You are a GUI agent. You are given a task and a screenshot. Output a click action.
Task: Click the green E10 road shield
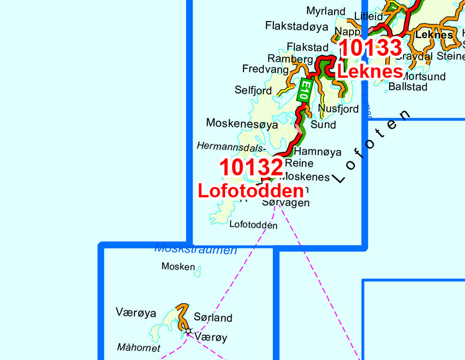click(305, 90)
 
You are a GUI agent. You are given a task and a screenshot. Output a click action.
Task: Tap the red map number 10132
click(252, 168)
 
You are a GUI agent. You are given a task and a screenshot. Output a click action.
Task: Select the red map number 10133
click(370, 48)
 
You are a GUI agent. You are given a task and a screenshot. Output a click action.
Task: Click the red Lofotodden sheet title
click(251, 191)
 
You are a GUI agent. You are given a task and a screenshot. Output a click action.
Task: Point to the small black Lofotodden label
click(253, 225)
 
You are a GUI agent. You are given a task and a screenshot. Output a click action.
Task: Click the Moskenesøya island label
click(242, 125)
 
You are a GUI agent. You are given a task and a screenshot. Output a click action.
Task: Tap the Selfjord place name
click(253, 90)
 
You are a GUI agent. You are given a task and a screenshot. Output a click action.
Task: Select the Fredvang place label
click(265, 69)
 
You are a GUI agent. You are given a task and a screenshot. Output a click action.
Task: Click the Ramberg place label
click(290, 59)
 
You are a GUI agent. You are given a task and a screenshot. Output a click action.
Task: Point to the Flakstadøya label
click(296, 26)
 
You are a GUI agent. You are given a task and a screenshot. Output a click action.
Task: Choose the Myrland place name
click(326, 11)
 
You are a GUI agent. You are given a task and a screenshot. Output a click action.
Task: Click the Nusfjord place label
click(338, 109)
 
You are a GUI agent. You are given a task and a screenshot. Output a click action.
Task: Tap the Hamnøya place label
click(317, 152)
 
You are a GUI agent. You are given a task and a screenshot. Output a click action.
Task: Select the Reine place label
click(299, 164)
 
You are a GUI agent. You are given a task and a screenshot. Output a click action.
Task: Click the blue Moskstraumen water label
click(196, 249)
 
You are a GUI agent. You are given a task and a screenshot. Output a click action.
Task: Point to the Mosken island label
click(178, 266)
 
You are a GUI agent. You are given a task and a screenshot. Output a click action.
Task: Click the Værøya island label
click(135, 313)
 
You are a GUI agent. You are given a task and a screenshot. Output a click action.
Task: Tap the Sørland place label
click(213, 318)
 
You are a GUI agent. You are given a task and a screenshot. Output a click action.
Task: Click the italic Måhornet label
click(139, 348)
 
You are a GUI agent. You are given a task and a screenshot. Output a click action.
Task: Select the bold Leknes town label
click(434, 35)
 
